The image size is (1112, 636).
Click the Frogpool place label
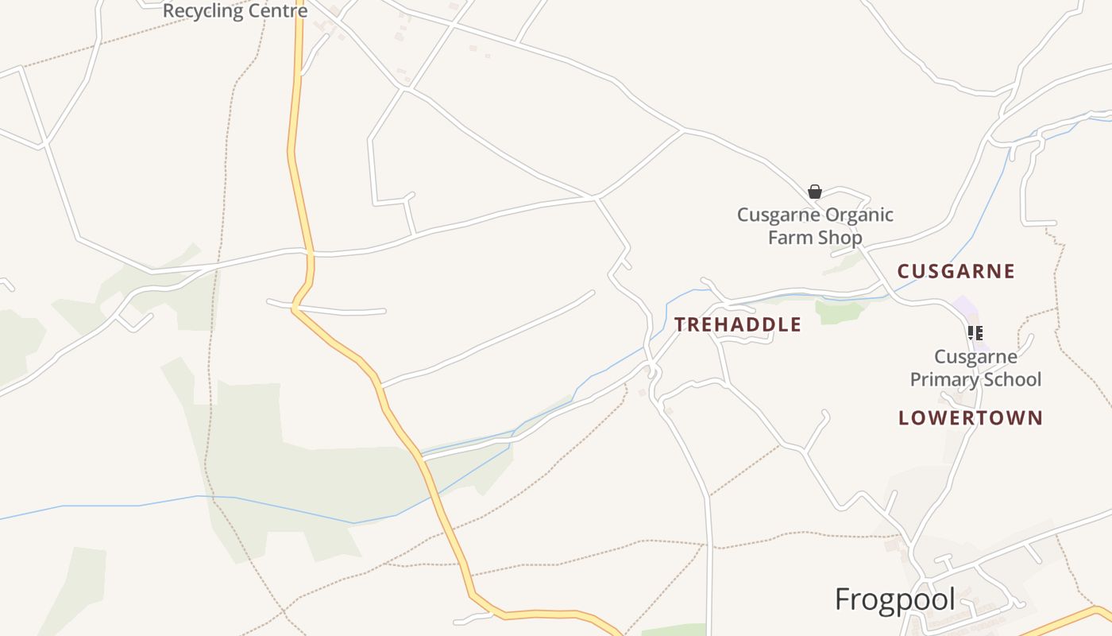coord(894,600)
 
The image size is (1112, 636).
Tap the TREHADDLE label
coord(738,324)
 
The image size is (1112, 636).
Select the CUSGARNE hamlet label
coord(956,272)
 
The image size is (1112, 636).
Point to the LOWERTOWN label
coord(970,418)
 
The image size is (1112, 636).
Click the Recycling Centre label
coord(234,12)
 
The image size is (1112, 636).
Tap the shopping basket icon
coord(814,192)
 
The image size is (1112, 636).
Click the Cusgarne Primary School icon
coord(975,333)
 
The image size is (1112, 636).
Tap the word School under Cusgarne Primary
coord(1011,380)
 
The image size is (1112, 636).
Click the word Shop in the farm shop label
coord(837,238)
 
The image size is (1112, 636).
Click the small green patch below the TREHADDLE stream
coord(839,312)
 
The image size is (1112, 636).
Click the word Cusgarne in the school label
coord(975,357)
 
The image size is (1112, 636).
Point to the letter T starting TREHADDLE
coord(680,324)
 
